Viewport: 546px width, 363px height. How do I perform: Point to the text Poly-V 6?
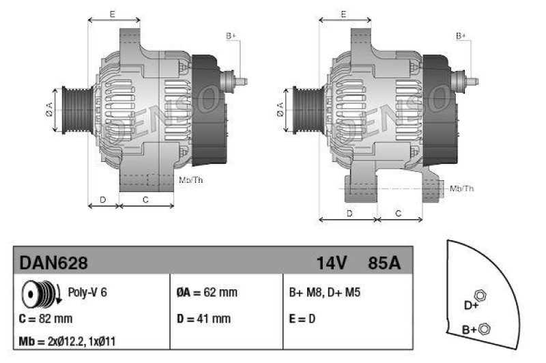(x=87, y=293)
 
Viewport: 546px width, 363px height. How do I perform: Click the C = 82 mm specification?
(x=46, y=319)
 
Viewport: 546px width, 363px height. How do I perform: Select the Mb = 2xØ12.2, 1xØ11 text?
(x=72, y=342)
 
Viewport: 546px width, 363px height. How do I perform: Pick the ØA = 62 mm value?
(x=207, y=293)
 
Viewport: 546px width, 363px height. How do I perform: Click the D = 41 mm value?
(x=203, y=319)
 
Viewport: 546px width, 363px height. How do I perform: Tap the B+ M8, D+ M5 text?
(x=325, y=293)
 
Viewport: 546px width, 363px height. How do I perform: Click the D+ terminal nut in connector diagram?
(x=479, y=295)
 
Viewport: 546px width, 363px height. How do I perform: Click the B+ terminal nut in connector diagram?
(x=485, y=330)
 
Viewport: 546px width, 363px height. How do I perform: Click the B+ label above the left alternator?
(x=231, y=35)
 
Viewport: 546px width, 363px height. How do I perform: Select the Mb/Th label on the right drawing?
(x=461, y=188)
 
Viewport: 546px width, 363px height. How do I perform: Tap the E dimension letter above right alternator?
(x=344, y=14)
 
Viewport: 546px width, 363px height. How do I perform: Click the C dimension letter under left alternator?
(x=145, y=199)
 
